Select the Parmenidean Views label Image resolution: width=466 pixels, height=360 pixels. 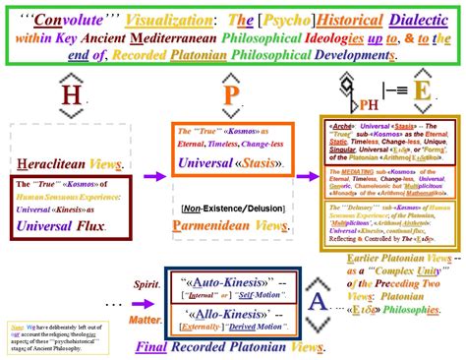(232, 224)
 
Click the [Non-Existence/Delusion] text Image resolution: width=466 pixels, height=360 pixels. (232, 208)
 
